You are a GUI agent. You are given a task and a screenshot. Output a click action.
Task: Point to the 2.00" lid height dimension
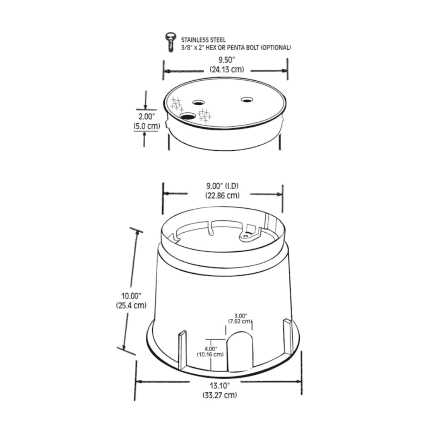click(146, 117)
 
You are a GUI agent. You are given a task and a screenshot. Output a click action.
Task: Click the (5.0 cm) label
click(146, 126)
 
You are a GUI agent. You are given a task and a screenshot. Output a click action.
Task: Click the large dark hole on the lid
click(187, 117)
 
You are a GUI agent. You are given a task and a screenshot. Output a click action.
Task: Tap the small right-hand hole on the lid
click(247, 100)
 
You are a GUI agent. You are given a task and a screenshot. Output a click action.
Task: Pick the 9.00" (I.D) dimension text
click(223, 186)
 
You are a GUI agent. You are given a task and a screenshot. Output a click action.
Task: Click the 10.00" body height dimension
click(131, 296)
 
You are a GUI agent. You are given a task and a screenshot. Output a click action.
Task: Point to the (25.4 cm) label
click(131, 306)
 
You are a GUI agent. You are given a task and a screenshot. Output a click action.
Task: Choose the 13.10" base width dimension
click(219, 386)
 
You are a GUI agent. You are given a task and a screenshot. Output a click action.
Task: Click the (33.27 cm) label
click(219, 395)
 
